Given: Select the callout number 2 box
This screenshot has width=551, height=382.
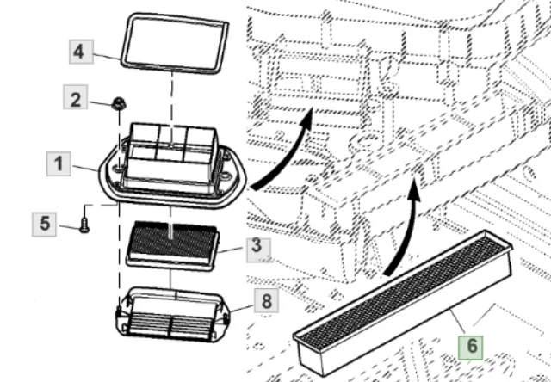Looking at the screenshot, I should coord(76,100).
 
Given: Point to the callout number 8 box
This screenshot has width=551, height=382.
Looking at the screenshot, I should coord(267,302).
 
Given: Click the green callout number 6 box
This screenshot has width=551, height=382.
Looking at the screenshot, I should coord(470,348).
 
